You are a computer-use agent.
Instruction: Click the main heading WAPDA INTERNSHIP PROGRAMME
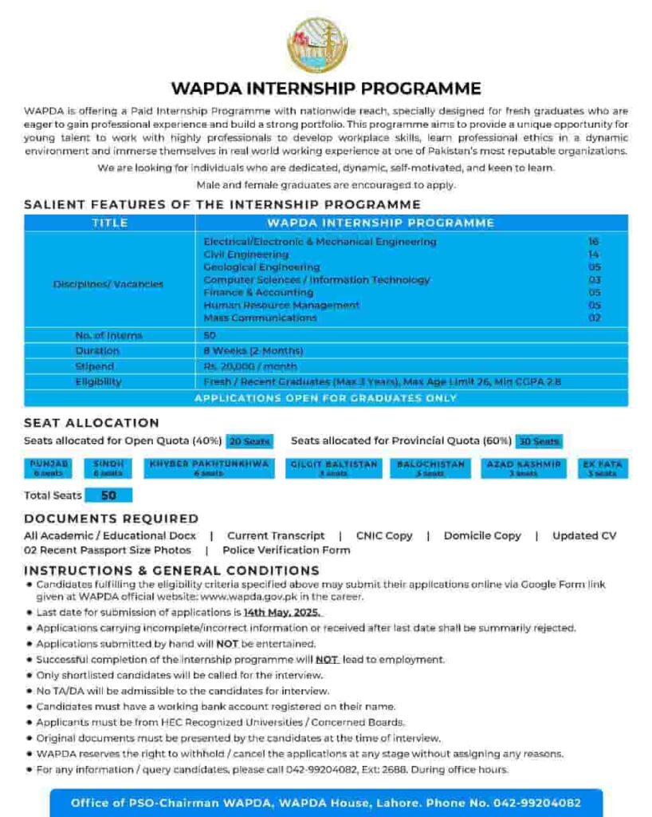click(x=326, y=89)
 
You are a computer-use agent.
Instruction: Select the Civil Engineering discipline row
click(x=245, y=255)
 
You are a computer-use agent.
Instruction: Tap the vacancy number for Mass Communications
click(x=594, y=318)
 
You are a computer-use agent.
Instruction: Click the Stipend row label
click(x=94, y=366)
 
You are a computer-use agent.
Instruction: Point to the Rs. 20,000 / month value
click(x=250, y=366)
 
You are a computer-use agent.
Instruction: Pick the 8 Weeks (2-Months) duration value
click(x=253, y=351)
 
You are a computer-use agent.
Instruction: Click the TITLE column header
click(x=109, y=223)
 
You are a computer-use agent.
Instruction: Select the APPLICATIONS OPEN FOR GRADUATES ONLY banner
click(x=326, y=397)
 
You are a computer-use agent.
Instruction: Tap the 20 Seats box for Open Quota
click(x=249, y=441)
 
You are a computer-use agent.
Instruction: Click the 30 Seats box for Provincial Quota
click(x=538, y=441)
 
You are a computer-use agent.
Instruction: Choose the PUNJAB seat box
click(x=49, y=468)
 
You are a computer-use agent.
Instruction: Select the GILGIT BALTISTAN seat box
click(x=334, y=468)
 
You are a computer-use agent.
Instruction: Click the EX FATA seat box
click(x=603, y=468)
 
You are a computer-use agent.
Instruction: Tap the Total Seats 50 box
click(x=108, y=495)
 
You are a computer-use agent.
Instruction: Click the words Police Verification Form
click(x=286, y=551)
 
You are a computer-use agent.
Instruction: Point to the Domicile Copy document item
click(x=482, y=536)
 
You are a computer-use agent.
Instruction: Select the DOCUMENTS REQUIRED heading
click(x=111, y=519)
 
